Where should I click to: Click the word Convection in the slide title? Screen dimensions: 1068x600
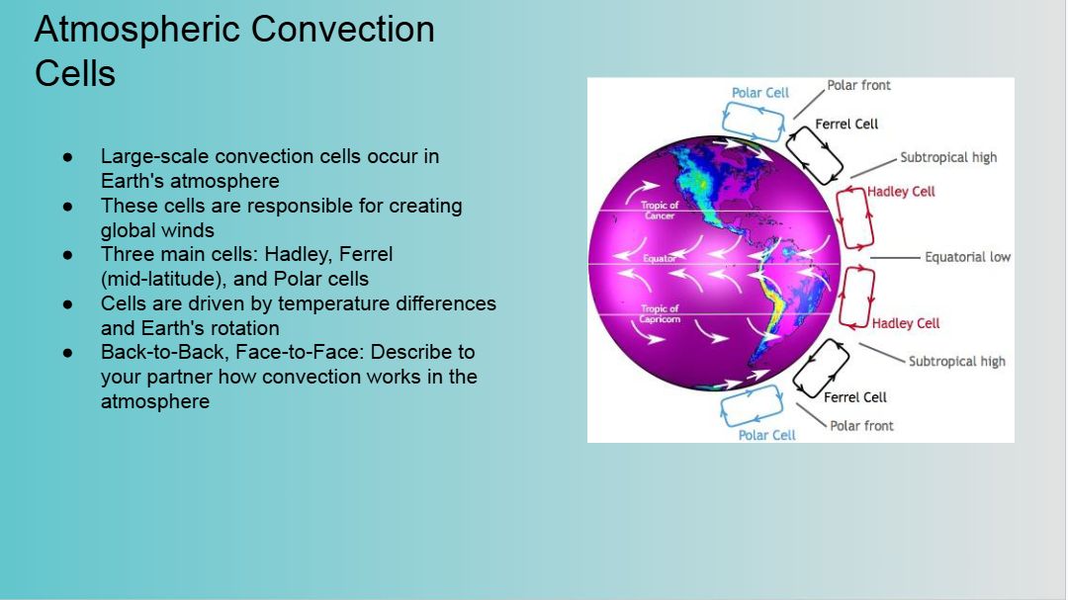[x=342, y=30]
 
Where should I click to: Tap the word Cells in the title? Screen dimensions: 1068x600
[x=75, y=73]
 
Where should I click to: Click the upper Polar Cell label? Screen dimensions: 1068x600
[x=760, y=93]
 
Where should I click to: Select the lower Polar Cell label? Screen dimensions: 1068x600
[x=767, y=435]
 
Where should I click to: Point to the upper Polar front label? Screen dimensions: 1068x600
[x=859, y=85]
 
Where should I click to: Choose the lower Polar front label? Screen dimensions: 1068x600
[x=861, y=426]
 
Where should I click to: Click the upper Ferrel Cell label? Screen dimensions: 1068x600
[x=846, y=124]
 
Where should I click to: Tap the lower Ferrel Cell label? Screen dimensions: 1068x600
[x=855, y=397]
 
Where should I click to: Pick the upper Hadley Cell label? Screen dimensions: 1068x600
[x=901, y=192]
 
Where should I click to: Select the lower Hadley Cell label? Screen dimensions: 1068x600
[x=906, y=323]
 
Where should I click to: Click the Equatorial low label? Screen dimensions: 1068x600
[x=968, y=257]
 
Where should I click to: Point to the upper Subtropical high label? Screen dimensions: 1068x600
[x=948, y=157]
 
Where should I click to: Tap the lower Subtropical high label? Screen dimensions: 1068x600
[x=957, y=362]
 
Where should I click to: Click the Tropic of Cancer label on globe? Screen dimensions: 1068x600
[x=660, y=211]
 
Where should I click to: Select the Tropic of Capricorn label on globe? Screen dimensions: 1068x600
[x=660, y=314]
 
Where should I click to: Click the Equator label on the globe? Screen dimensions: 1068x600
[x=660, y=259]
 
